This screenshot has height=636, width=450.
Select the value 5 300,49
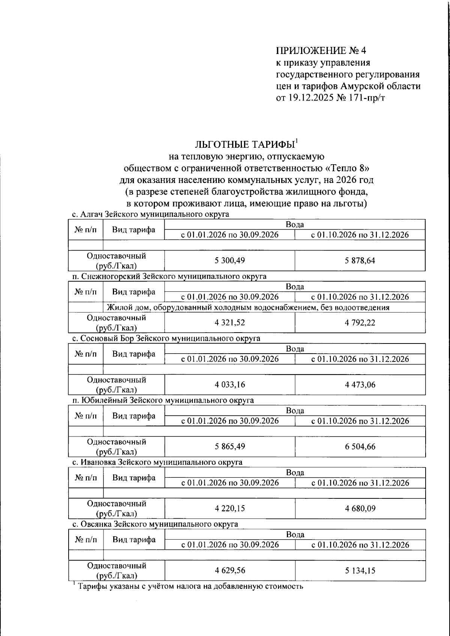pos(229,261)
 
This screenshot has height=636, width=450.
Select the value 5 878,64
pos(360,261)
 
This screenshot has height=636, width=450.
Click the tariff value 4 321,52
pos(229,322)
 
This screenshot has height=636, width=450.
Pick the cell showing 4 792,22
pos(360,322)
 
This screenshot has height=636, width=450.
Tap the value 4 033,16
pos(229,384)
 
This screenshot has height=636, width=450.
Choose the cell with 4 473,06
pos(360,384)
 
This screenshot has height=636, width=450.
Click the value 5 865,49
pos(229,446)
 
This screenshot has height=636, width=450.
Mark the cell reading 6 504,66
pos(360,446)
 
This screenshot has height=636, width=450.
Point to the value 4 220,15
pos(229,508)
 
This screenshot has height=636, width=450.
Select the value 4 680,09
pos(360,508)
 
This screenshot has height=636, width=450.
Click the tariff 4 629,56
pos(229,570)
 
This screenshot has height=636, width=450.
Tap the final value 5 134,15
pos(360,570)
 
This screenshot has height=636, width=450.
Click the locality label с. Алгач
pos(87,214)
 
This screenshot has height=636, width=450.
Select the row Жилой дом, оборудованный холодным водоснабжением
pos(247,307)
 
